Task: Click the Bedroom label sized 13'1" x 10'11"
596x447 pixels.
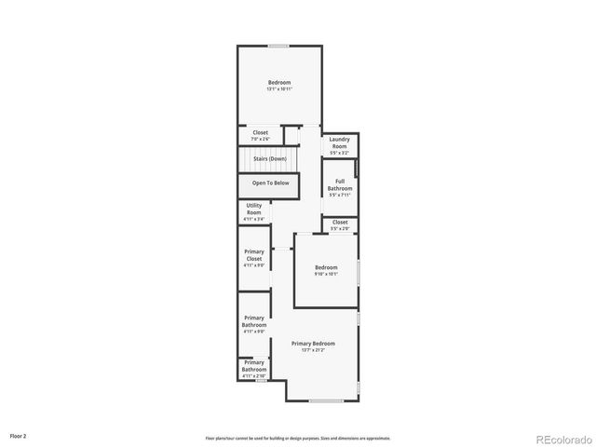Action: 278,83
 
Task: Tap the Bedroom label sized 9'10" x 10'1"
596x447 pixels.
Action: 325,267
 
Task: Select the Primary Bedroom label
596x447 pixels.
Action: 312,344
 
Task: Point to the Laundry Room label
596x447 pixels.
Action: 339,142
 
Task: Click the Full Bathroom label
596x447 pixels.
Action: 340,184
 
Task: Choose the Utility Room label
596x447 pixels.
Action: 254,210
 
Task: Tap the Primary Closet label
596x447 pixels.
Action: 254,255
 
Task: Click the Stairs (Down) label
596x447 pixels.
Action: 270,159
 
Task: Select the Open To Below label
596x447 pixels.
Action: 270,183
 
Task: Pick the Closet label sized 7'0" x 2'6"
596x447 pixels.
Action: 261,133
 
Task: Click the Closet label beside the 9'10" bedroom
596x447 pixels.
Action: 340,223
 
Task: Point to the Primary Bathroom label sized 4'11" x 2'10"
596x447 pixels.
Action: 254,367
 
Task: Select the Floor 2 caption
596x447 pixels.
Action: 19,435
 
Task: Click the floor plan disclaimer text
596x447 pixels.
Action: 298,438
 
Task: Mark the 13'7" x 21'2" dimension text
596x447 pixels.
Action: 312,350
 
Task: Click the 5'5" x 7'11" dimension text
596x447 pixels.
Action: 340,196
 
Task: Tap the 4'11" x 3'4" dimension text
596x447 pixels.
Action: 254,220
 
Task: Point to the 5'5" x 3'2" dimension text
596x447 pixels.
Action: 339,152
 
